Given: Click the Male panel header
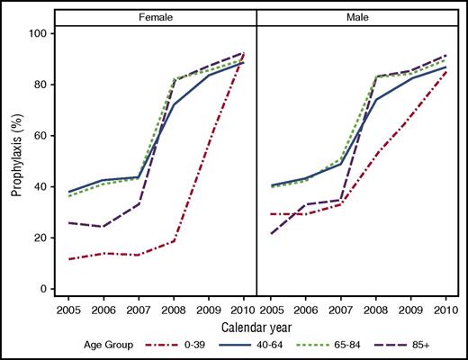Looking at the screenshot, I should coord(359,16).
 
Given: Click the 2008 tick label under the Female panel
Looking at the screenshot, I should coord(174,309).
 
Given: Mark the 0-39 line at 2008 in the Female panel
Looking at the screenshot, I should coord(174,241).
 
